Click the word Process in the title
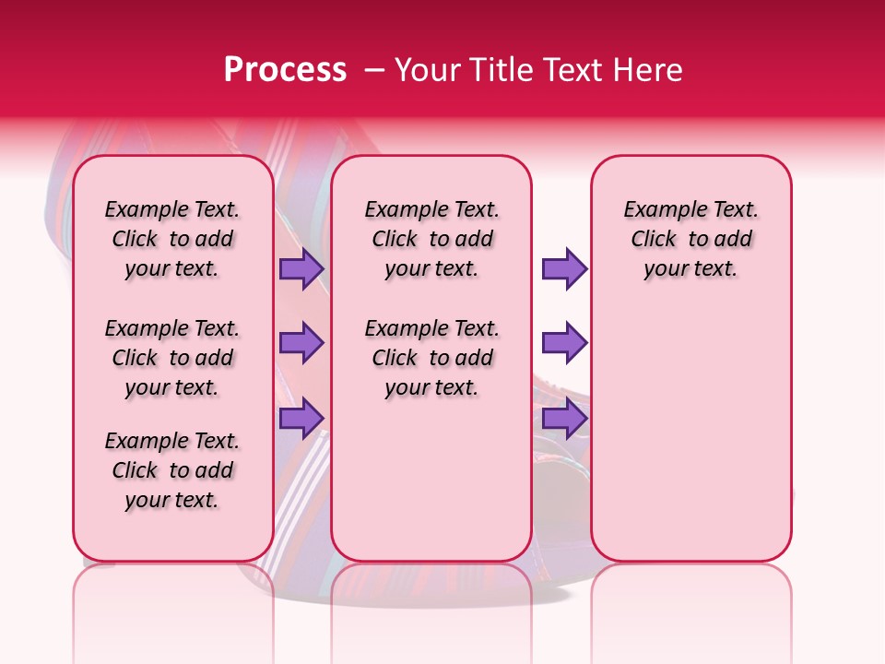click(285, 69)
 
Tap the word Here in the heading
click(648, 69)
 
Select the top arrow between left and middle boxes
click(301, 268)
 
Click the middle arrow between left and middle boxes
click(301, 343)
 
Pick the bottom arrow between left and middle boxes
click(301, 418)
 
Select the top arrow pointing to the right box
click(563, 268)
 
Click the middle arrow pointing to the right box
click(563, 343)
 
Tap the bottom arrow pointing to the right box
click(563, 418)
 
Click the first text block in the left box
click(172, 239)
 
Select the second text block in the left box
click(172, 358)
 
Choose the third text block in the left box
click(172, 470)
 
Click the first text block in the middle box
click(431, 239)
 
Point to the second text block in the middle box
click(431, 358)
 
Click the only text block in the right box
click(690, 239)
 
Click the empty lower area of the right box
click(690, 433)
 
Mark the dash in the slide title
click(374, 69)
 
